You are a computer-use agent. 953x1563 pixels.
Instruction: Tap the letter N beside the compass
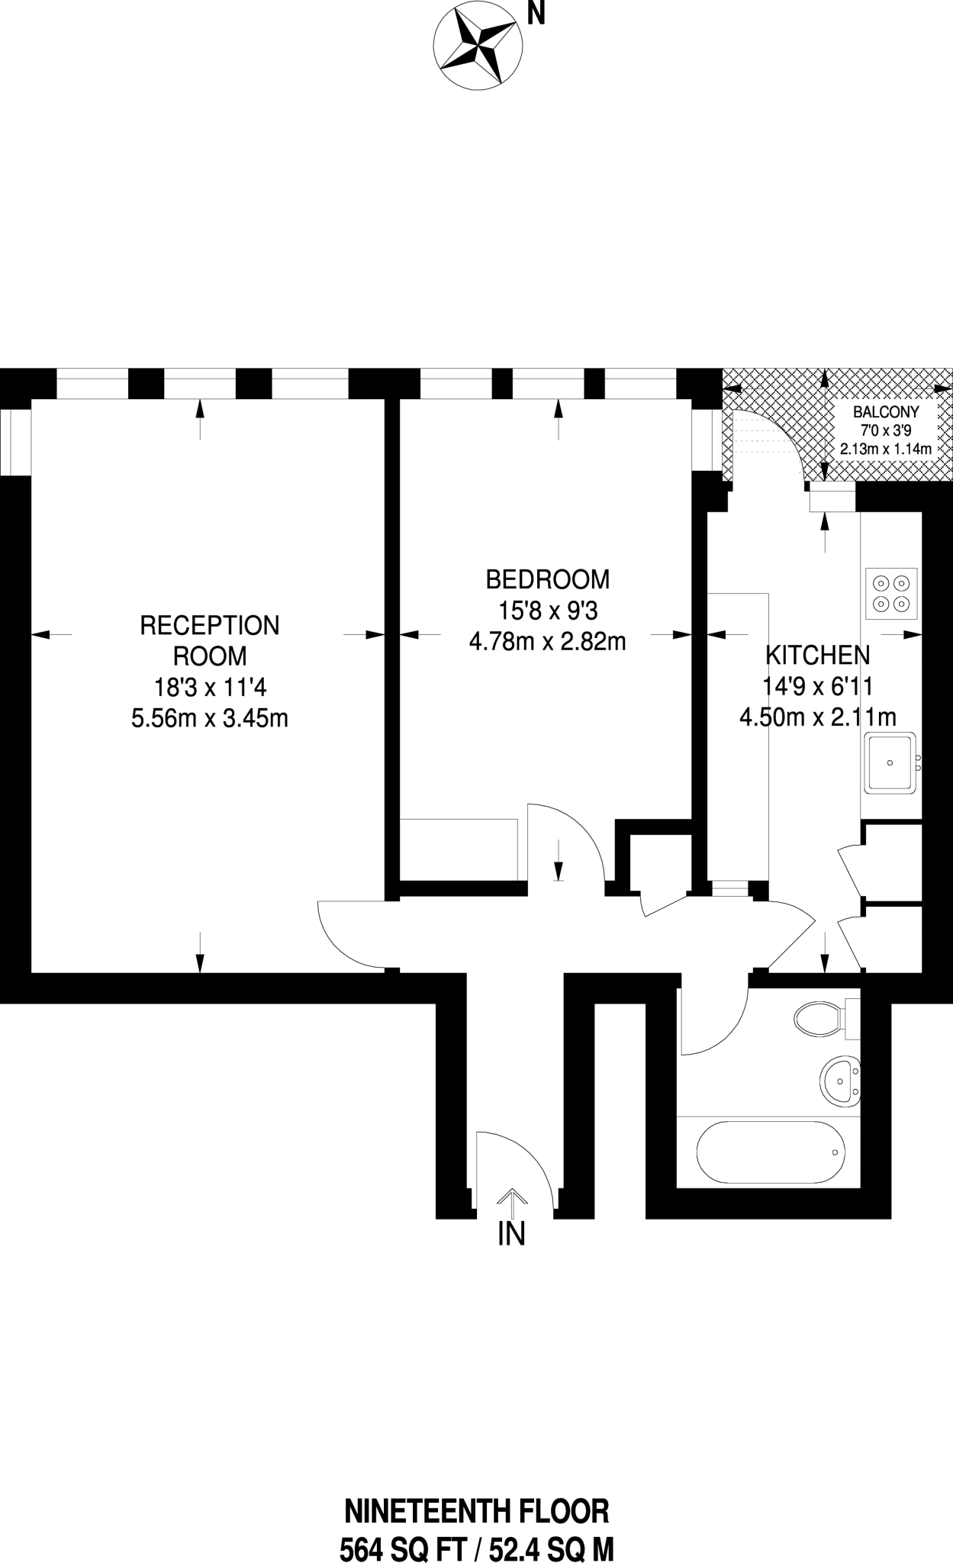point(537,13)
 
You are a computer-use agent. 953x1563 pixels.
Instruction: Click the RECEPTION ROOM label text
point(210,640)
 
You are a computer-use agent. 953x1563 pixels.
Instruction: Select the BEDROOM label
point(548,579)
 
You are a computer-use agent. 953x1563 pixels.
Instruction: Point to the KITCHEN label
point(817,655)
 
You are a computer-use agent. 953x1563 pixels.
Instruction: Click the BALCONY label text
point(885,411)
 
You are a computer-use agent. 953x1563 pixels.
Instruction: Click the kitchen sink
point(890,762)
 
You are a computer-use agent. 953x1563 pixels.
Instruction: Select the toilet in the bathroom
point(820,1018)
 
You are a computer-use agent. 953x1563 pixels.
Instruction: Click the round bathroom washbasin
point(840,1081)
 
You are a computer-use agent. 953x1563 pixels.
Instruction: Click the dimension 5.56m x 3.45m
point(210,718)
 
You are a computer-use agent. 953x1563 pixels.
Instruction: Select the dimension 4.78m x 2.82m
point(548,642)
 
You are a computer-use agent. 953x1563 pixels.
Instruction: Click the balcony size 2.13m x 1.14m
point(885,449)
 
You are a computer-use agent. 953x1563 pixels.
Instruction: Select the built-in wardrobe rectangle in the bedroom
point(459,849)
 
